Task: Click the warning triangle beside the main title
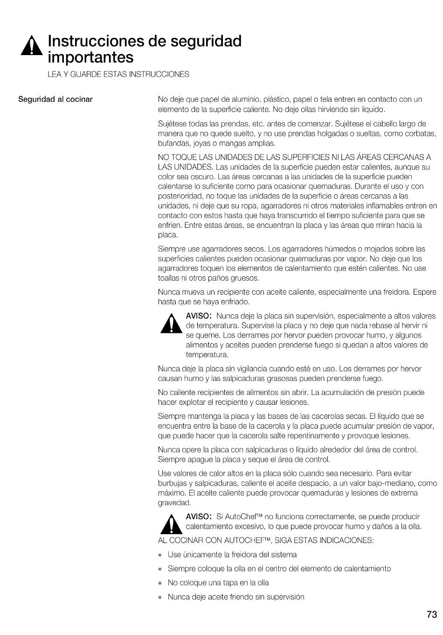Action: click(32, 46)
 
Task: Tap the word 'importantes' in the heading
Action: click(90, 57)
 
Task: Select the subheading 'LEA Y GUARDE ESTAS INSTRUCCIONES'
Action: click(118, 74)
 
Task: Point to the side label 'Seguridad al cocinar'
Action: click(55, 99)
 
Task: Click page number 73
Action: click(431, 614)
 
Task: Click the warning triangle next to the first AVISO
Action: click(171, 323)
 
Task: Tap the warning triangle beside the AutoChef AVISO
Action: click(171, 524)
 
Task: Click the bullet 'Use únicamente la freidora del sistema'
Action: click(232, 555)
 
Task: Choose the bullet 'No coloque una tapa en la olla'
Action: click(218, 583)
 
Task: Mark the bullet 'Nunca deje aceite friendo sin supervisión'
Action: click(236, 597)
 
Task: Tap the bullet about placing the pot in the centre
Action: click(279, 569)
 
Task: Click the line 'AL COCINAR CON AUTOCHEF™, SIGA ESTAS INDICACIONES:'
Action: click(266, 540)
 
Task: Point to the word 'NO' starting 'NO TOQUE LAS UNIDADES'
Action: click(163, 157)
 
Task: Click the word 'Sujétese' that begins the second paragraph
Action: click(171, 124)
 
